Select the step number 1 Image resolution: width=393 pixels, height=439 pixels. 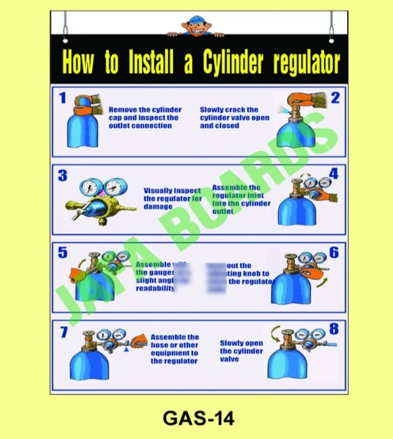click(x=63, y=98)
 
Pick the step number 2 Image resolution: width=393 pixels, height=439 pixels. click(x=335, y=98)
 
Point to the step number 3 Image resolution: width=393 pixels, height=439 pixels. click(x=63, y=175)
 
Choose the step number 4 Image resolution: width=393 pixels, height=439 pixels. click(x=334, y=174)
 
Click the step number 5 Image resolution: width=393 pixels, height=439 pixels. click(x=63, y=252)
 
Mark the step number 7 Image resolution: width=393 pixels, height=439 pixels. click(x=64, y=332)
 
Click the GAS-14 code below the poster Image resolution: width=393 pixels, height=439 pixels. click(x=198, y=418)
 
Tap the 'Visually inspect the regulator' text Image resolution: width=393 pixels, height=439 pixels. click(x=172, y=199)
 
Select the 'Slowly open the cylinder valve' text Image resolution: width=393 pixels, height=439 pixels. click(x=241, y=351)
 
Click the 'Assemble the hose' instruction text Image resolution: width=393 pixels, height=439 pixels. click(x=175, y=349)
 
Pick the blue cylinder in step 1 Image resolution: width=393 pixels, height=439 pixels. click(x=82, y=129)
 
